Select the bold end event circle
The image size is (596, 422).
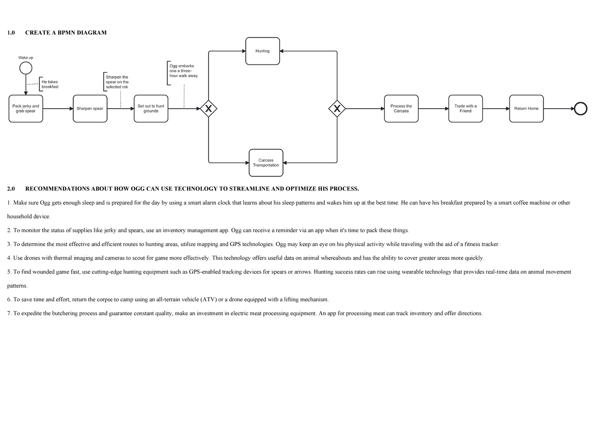[x=580, y=108]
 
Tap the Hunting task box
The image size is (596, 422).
[x=263, y=51]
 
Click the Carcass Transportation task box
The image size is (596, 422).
[x=266, y=163]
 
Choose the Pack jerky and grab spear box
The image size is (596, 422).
[x=26, y=108]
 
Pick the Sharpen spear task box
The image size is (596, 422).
[x=90, y=108]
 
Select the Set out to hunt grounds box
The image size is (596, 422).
[x=151, y=108]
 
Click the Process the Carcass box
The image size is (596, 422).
[x=401, y=108]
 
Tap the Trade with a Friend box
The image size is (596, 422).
[x=465, y=108]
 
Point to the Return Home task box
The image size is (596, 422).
[x=526, y=108]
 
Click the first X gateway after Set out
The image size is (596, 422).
[x=209, y=108]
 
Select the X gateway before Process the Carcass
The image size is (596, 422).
[x=337, y=108]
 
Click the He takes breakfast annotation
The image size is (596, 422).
[x=49, y=84]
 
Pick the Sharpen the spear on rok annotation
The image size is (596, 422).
[x=117, y=82]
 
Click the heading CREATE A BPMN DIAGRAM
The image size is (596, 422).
[x=66, y=33]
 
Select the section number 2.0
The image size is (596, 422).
[x=11, y=189]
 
